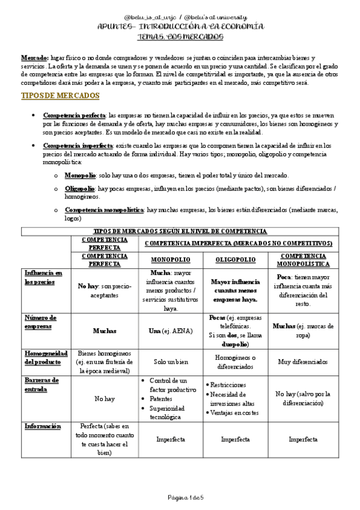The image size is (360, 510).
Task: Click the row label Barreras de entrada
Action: click(x=42, y=384)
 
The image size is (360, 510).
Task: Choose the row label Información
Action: click(x=43, y=426)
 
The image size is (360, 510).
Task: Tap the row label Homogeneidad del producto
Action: click(x=45, y=357)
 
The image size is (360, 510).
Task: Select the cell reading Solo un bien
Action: click(x=171, y=362)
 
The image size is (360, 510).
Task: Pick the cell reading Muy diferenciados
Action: click(x=303, y=362)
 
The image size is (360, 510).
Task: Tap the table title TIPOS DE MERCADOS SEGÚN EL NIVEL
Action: click(x=180, y=232)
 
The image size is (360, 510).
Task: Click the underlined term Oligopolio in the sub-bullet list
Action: click(x=80, y=188)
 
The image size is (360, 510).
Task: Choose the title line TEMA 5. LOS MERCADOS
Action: click(x=180, y=37)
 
